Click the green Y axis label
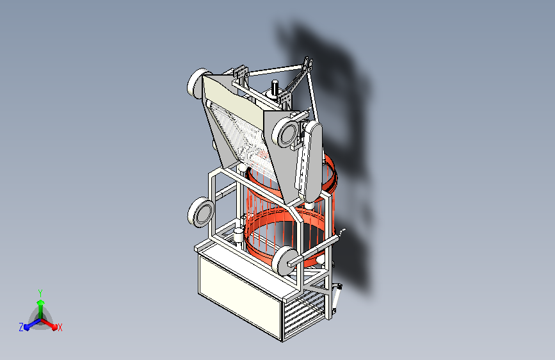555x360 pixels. pos(40,293)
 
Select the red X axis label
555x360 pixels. pos(60,327)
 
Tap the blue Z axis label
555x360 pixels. pos(21,327)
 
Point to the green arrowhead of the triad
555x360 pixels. pos(41,303)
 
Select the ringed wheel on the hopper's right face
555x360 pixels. pos(285,132)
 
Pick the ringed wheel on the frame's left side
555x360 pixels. pos(201,212)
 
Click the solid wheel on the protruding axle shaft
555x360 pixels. pos(284,261)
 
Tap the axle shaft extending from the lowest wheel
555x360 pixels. pos(313,250)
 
